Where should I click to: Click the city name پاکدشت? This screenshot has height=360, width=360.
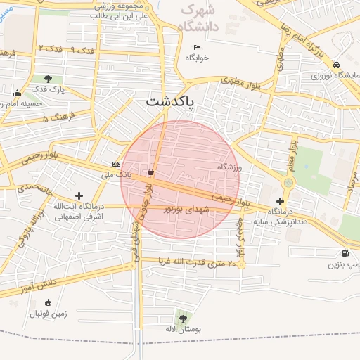[172, 101]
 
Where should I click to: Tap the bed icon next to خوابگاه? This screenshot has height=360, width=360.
[197, 49]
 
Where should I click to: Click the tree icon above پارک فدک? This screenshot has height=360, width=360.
[48, 79]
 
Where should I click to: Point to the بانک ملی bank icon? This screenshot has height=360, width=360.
[116, 164]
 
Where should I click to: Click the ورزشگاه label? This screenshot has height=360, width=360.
[229, 167]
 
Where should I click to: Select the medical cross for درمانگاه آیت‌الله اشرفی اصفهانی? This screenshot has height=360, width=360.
[79, 196]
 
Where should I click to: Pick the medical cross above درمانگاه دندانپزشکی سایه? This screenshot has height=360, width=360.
[280, 201]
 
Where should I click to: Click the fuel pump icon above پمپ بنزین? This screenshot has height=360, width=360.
[345, 254]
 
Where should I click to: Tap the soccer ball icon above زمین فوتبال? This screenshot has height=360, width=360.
[48, 303]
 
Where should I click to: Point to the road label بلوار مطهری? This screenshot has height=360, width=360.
[243, 83]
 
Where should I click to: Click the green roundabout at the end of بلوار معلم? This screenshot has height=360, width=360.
[287, 184]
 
